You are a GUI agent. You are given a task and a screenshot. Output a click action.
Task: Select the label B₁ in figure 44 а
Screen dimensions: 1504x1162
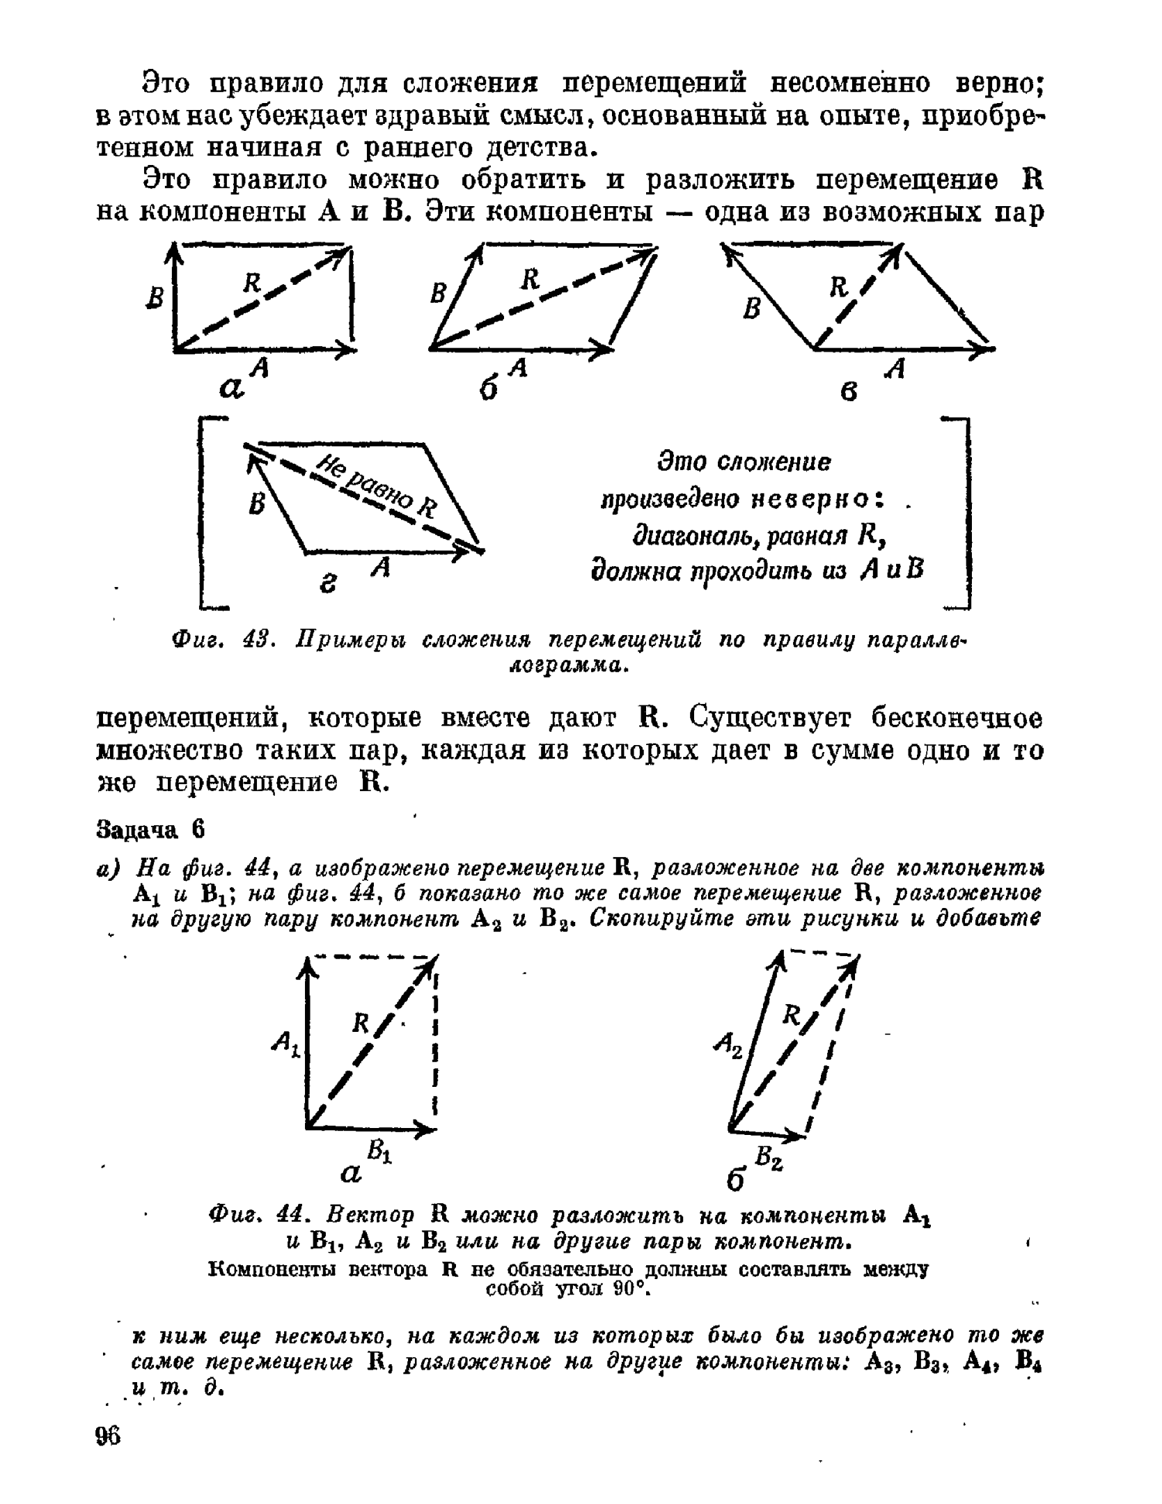(x=379, y=1152)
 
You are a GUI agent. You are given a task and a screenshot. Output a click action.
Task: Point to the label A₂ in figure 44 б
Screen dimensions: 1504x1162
(x=727, y=1044)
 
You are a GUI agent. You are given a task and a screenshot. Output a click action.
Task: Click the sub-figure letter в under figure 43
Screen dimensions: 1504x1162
(x=848, y=393)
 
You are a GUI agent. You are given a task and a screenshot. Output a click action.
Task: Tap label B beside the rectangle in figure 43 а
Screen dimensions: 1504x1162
(x=157, y=299)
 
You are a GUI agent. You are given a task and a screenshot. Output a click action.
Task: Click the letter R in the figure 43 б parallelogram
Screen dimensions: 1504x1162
(x=531, y=279)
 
